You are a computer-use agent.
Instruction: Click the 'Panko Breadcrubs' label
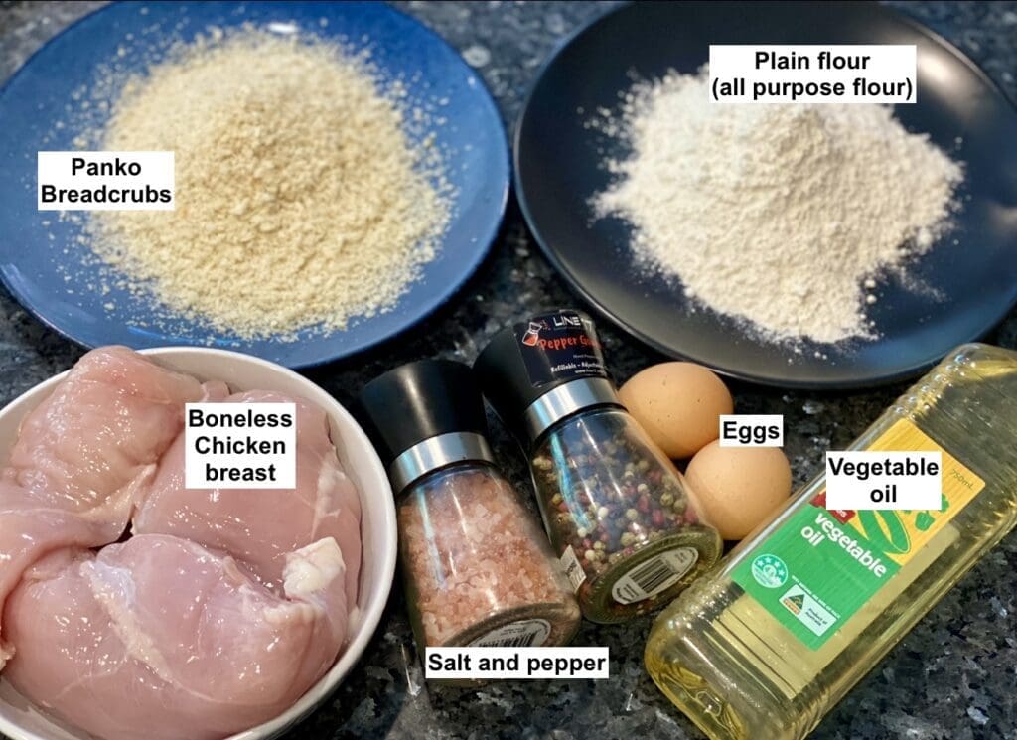(105, 180)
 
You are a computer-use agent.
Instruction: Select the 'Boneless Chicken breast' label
(239, 445)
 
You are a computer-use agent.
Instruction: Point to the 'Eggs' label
(750, 431)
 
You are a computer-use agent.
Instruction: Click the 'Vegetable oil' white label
(883, 480)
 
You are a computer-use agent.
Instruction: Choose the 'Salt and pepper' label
(516, 663)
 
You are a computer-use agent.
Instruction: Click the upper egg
(674, 407)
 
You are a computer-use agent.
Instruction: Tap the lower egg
(737, 488)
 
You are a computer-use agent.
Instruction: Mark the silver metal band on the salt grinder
(437, 459)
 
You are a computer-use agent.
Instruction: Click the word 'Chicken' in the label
(239, 444)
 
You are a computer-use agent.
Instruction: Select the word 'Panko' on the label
(105, 166)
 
